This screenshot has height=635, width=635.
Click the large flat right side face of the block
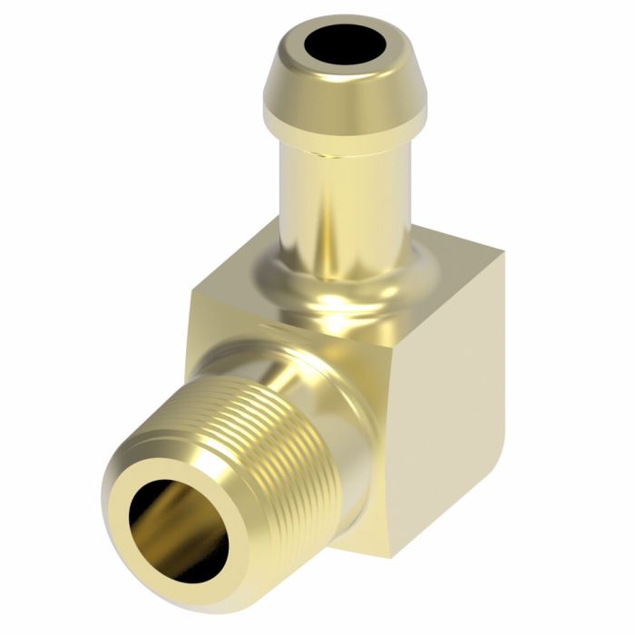click(444, 417)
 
